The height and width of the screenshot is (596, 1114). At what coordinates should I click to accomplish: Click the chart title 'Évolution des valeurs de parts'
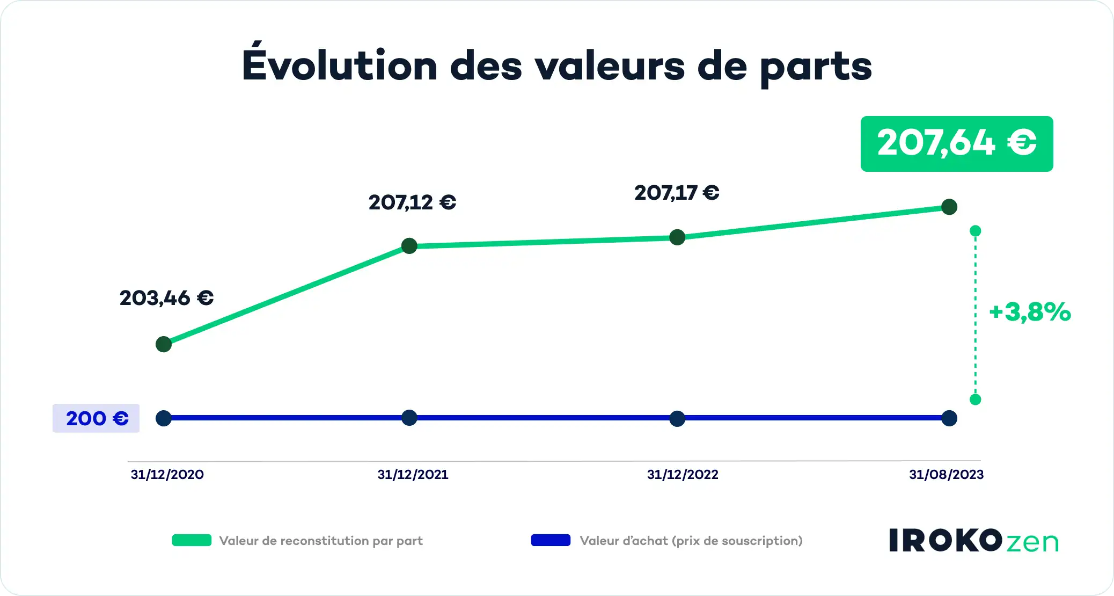(556, 66)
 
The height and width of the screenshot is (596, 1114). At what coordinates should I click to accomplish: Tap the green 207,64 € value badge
(956, 144)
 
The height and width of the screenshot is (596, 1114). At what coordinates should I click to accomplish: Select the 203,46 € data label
(166, 298)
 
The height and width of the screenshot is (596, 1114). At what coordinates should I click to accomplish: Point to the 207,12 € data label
(412, 202)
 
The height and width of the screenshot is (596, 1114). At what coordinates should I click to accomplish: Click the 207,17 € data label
(677, 193)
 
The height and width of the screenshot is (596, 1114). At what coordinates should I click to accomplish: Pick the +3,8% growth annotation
(1030, 312)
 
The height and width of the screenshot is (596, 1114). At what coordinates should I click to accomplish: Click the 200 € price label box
(96, 418)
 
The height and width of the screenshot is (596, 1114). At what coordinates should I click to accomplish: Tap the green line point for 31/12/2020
(164, 344)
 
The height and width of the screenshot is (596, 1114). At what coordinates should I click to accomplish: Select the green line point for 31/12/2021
(409, 246)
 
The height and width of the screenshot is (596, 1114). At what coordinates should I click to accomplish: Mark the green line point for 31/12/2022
(677, 237)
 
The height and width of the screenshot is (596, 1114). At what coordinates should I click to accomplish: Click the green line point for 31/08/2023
(949, 207)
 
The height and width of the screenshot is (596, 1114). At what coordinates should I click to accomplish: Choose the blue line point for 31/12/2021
(409, 418)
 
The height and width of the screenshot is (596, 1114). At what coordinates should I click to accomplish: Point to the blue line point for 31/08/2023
(949, 418)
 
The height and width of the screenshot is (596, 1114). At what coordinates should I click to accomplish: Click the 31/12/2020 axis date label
(167, 475)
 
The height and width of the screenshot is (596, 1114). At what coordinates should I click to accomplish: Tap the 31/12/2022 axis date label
(682, 475)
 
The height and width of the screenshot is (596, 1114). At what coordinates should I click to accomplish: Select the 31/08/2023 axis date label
(946, 475)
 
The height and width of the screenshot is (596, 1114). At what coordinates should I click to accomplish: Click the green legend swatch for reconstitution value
(192, 540)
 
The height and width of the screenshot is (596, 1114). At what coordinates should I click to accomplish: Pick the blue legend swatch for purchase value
(551, 540)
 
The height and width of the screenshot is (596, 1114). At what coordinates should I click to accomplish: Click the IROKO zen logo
(973, 541)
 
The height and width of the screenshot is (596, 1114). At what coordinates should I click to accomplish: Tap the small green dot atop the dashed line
(976, 231)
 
